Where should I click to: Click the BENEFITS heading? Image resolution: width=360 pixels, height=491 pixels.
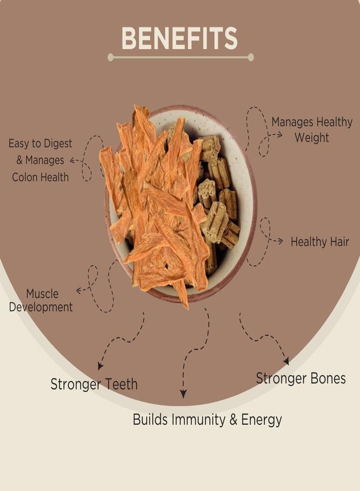(x=179, y=38)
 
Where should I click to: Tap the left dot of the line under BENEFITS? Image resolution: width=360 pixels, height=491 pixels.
(x=111, y=57)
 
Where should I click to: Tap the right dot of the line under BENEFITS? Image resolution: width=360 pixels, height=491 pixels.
(x=250, y=57)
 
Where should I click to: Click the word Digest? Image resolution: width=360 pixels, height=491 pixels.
(x=58, y=143)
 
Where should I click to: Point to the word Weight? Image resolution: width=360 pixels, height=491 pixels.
(x=312, y=138)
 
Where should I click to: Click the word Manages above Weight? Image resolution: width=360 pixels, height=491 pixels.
(x=292, y=122)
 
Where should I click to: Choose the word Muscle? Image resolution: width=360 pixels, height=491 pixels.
(x=42, y=294)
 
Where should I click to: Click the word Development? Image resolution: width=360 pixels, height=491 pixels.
(x=41, y=307)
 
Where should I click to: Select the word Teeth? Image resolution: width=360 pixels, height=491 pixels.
(x=121, y=384)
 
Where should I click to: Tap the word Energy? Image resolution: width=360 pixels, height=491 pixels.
(x=261, y=420)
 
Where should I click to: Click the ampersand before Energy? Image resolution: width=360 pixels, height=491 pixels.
(x=233, y=420)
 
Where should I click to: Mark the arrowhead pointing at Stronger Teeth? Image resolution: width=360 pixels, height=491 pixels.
(x=100, y=367)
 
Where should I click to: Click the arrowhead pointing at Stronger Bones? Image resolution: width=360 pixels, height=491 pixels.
(x=286, y=361)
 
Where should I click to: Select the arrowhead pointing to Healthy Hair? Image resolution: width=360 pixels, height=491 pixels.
(x=280, y=241)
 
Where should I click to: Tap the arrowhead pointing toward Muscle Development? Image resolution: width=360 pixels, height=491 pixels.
(x=79, y=291)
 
